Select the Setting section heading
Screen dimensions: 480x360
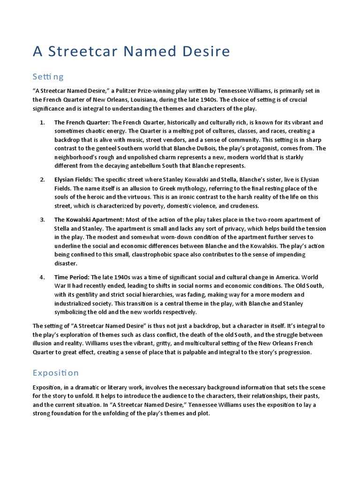coord(48,76)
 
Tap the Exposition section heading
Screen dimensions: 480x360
coord(56,373)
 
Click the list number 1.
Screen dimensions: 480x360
coord(42,122)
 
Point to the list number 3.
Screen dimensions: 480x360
coord(42,219)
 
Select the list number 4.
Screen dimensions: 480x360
coord(42,277)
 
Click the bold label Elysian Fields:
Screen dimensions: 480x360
coord(74,180)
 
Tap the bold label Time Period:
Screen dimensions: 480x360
coord(72,277)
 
